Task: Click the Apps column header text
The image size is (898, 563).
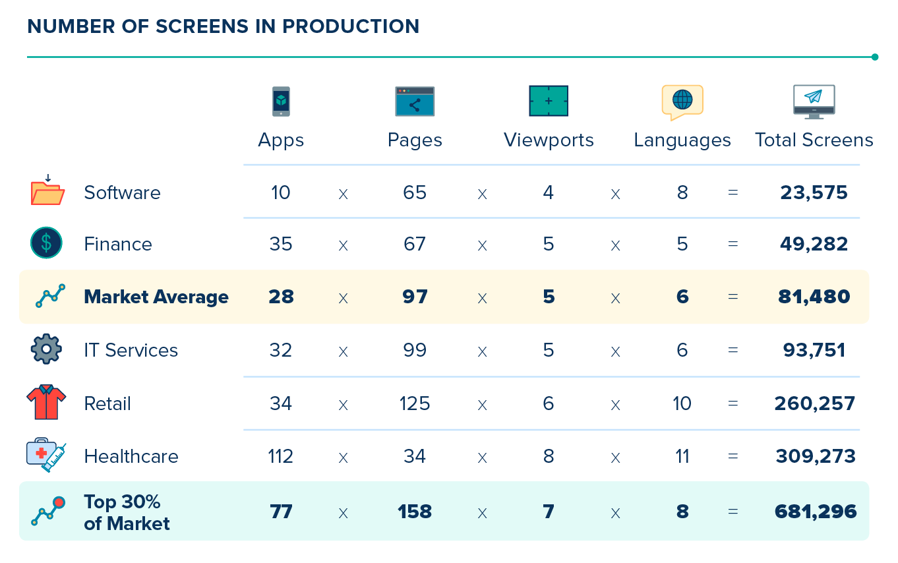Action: point(281,140)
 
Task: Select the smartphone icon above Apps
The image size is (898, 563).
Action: point(281,102)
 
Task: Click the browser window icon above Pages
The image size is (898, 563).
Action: point(415,102)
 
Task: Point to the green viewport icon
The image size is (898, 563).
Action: point(549,101)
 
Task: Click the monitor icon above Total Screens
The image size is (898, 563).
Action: point(814,102)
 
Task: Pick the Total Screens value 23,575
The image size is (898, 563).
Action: point(814,193)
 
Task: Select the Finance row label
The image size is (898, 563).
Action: point(118,245)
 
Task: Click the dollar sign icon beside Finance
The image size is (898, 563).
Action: point(46,243)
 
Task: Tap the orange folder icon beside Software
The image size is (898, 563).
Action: point(47,191)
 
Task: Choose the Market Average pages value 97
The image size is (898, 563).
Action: point(415,297)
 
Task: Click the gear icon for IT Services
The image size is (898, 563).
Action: point(46,349)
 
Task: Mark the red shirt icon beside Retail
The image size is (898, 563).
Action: point(46,402)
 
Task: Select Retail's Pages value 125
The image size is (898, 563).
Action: point(415,403)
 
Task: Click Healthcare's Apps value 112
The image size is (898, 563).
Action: point(281,456)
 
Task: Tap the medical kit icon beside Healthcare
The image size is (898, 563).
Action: point(46,455)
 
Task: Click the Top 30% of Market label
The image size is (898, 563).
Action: point(127,513)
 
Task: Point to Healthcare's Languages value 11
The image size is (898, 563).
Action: point(682,456)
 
